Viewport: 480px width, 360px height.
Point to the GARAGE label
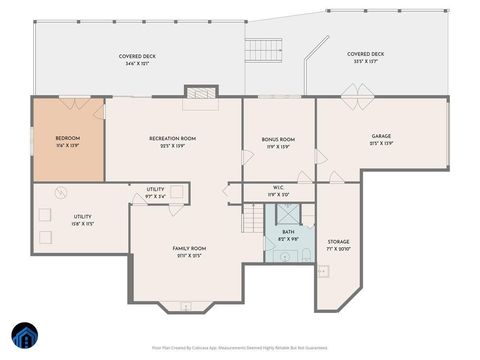click(x=381, y=139)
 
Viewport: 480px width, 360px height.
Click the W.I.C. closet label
click(x=279, y=190)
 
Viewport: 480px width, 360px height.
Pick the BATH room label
click(x=288, y=234)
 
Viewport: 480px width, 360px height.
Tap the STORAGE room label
click(x=338, y=244)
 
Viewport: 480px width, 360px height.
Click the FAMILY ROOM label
click(x=189, y=251)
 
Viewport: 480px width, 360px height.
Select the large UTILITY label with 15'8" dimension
click(x=82, y=219)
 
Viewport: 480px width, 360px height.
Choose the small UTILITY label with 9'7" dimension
click(x=155, y=192)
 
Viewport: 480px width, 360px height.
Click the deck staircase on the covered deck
click(x=263, y=49)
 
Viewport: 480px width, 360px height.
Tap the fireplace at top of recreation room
click(x=200, y=92)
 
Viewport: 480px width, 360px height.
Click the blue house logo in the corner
click(x=24, y=335)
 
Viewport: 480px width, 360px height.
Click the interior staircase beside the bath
click(x=255, y=214)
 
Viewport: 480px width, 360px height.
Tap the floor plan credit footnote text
click(x=239, y=348)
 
